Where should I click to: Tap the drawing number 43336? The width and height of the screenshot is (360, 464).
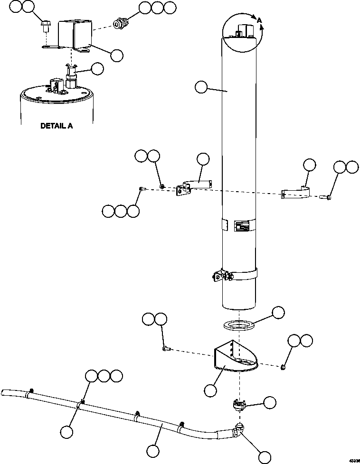click(353, 460)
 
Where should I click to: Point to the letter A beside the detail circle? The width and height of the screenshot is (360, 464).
click(259, 20)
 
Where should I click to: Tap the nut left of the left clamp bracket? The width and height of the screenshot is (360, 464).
click(162, 186)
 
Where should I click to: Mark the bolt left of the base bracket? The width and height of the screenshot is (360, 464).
click(166, 349)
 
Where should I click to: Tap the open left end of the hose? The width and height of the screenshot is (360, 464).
click(4, 392)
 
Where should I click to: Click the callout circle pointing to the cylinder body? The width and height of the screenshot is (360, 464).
click(201, 87)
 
